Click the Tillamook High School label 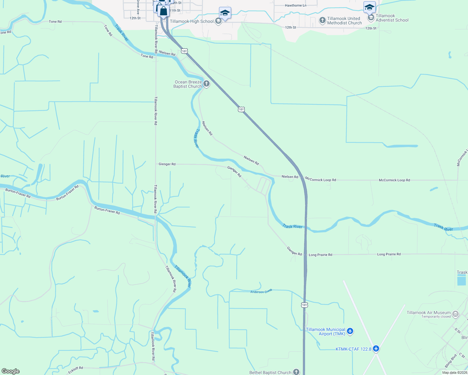(x=191, y=21)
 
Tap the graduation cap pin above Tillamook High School (x=225, y=13)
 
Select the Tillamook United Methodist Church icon (x=322, y=21)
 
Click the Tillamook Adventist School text (x=392, y=18)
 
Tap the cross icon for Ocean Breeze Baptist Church (x=206, y=84)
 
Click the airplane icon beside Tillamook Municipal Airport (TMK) (x=350, y=331)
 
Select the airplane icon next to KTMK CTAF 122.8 (x=376, y=349)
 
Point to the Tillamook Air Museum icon (x=455, y=314)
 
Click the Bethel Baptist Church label (x=270, y=372)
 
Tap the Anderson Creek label (x=261, y=291)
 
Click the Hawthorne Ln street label (x=296, y=6)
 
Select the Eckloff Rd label (x=76, y=370)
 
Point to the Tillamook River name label (x=182, y=276)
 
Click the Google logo (x=10, y=371)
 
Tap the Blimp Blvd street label (x=451, y=361)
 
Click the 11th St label (x=175, y=11)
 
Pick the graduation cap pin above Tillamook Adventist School (x=369, y=7)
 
